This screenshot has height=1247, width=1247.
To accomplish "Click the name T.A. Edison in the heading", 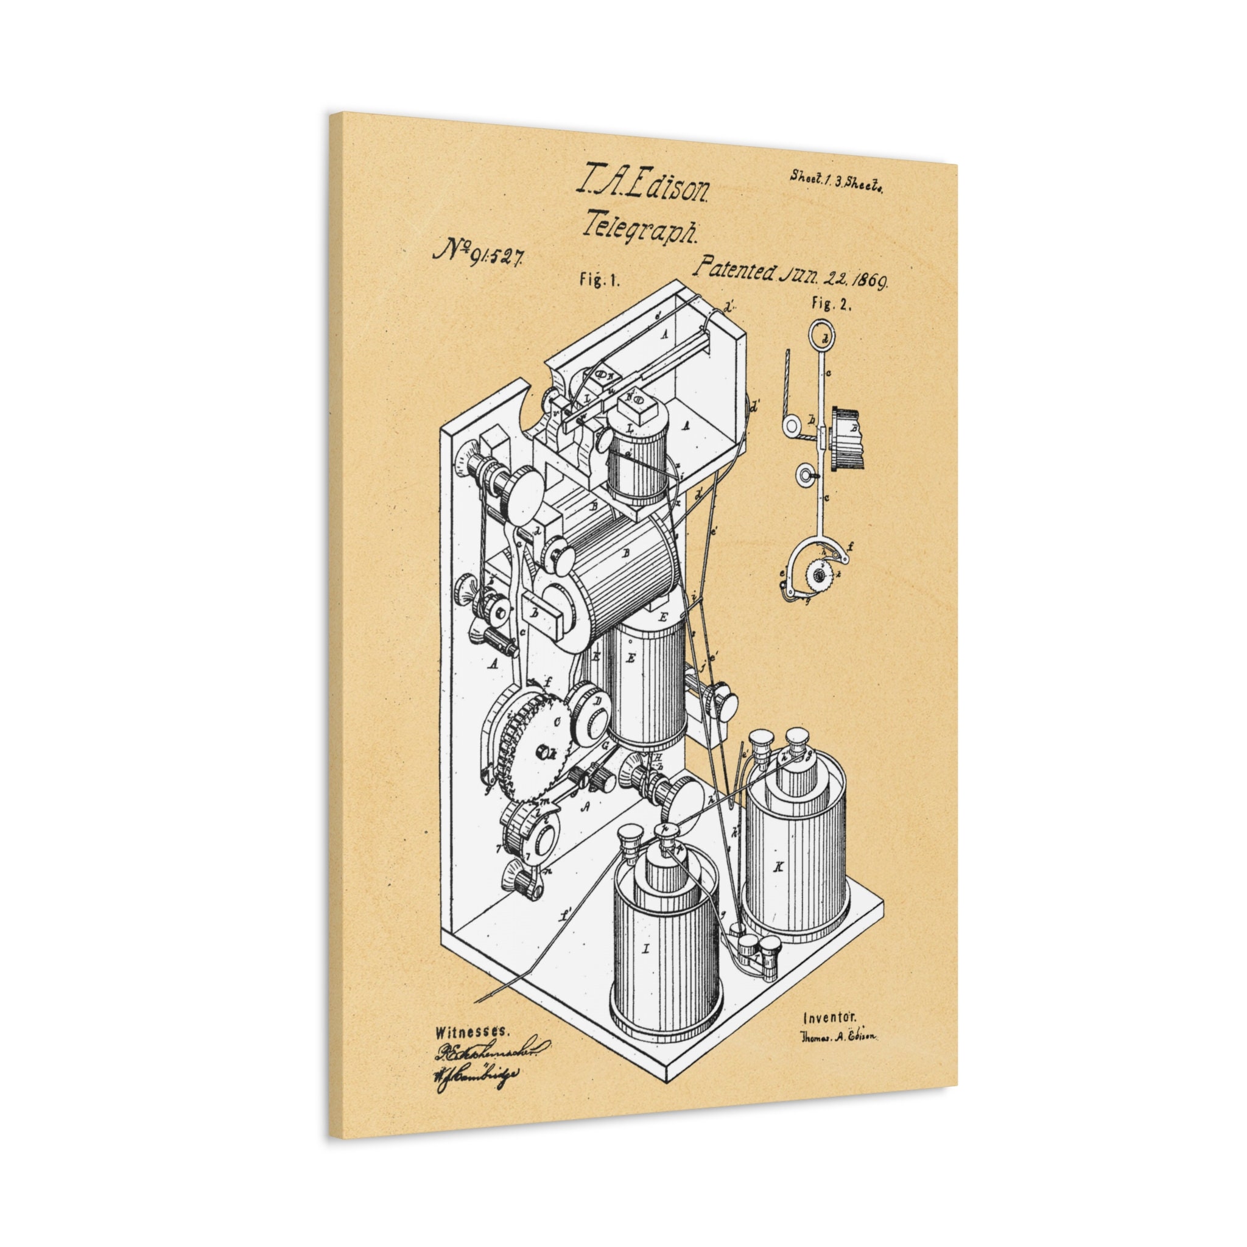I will [x=645, y=188].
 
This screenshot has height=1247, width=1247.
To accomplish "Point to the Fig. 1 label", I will [x=599, y=279].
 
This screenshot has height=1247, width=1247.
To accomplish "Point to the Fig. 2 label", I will [x=832, y=306].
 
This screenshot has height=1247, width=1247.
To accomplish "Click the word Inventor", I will [x=829, y=1018].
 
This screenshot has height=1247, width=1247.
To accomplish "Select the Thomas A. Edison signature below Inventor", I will [x=838, y=1036].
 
